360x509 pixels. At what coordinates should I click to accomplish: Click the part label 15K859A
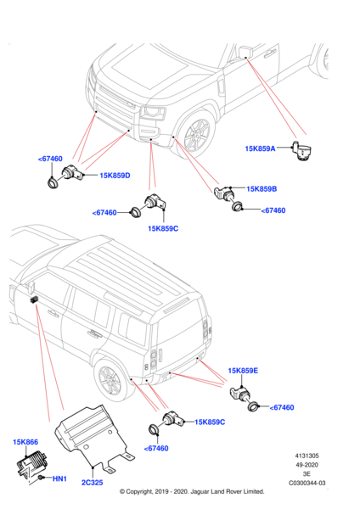coord(260,148)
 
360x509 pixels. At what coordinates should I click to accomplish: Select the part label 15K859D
coord(115,176)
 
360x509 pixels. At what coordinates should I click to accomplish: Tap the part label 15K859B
coord(262,189)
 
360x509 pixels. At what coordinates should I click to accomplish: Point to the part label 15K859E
coord(243,371)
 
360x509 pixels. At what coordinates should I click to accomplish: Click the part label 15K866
coord(25,442)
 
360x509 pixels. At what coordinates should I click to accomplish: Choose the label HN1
coord(59,478)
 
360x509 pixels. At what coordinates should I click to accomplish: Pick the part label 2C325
coord(92,483)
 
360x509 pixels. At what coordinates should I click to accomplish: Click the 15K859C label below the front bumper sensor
coord(163,228)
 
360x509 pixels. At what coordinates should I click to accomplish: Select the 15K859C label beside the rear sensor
coord(210,422)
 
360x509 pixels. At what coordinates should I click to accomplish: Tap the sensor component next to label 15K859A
coord(301,151)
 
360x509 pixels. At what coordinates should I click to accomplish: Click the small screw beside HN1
coord(41,478)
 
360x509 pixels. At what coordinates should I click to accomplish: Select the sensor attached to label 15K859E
coord(241,394)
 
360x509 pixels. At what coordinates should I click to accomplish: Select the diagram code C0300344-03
coord(307,483)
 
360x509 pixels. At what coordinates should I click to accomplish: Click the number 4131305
coord(307,456)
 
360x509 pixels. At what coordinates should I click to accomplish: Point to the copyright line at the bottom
coord(192,491)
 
